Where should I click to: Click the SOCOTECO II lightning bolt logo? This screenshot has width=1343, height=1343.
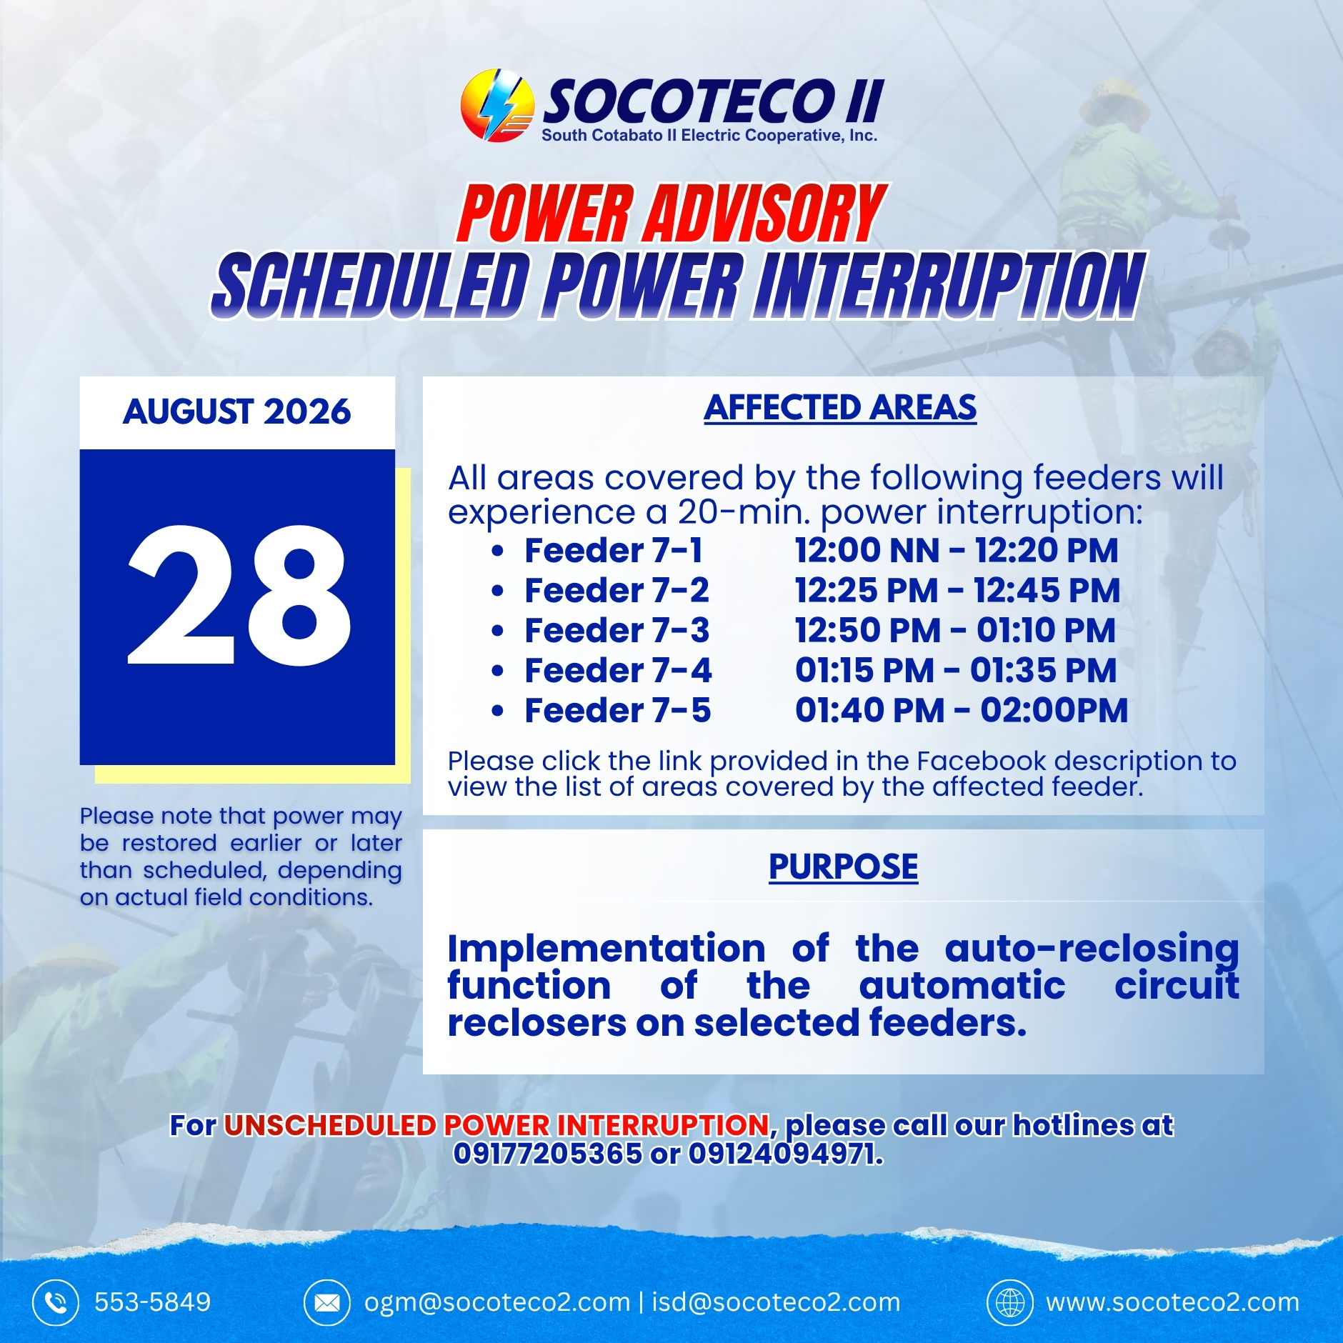(x=497, y=105)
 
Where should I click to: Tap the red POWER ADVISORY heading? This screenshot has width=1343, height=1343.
(x=671, y=214)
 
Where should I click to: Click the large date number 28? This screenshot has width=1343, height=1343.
(x=239, y=595)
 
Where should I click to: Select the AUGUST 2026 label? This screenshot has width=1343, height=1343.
(x=237, y=412)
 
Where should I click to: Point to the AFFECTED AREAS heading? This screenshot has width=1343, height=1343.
(x=840, y=408)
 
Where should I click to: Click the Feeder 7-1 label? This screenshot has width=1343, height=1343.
(x=614, y=551)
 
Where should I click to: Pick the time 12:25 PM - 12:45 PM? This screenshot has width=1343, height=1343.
(x=957, y=591)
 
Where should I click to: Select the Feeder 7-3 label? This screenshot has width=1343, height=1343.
(x=617, y=631)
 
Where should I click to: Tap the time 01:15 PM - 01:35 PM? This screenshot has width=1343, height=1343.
(x=956, y=671)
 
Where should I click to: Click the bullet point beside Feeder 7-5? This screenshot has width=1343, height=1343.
(x=498, y=712)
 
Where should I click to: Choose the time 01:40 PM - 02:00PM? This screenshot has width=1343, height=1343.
(x=962, y=711)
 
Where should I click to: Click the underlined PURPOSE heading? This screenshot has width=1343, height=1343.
(x=844, y=867)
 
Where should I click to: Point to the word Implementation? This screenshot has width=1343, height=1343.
(x=606, y=949)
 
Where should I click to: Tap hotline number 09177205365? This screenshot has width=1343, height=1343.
(x=548, y=1154)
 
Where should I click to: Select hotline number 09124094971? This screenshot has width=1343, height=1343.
(x=785, y=1154)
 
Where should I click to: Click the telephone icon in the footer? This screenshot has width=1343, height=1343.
(x=55, y=1302)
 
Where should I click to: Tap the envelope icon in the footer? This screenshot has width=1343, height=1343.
(x=327, y=1302)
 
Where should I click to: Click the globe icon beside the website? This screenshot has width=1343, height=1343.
(x=1010, y=1302)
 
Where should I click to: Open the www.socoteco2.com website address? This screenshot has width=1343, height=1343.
(x=1173, y=1302)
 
